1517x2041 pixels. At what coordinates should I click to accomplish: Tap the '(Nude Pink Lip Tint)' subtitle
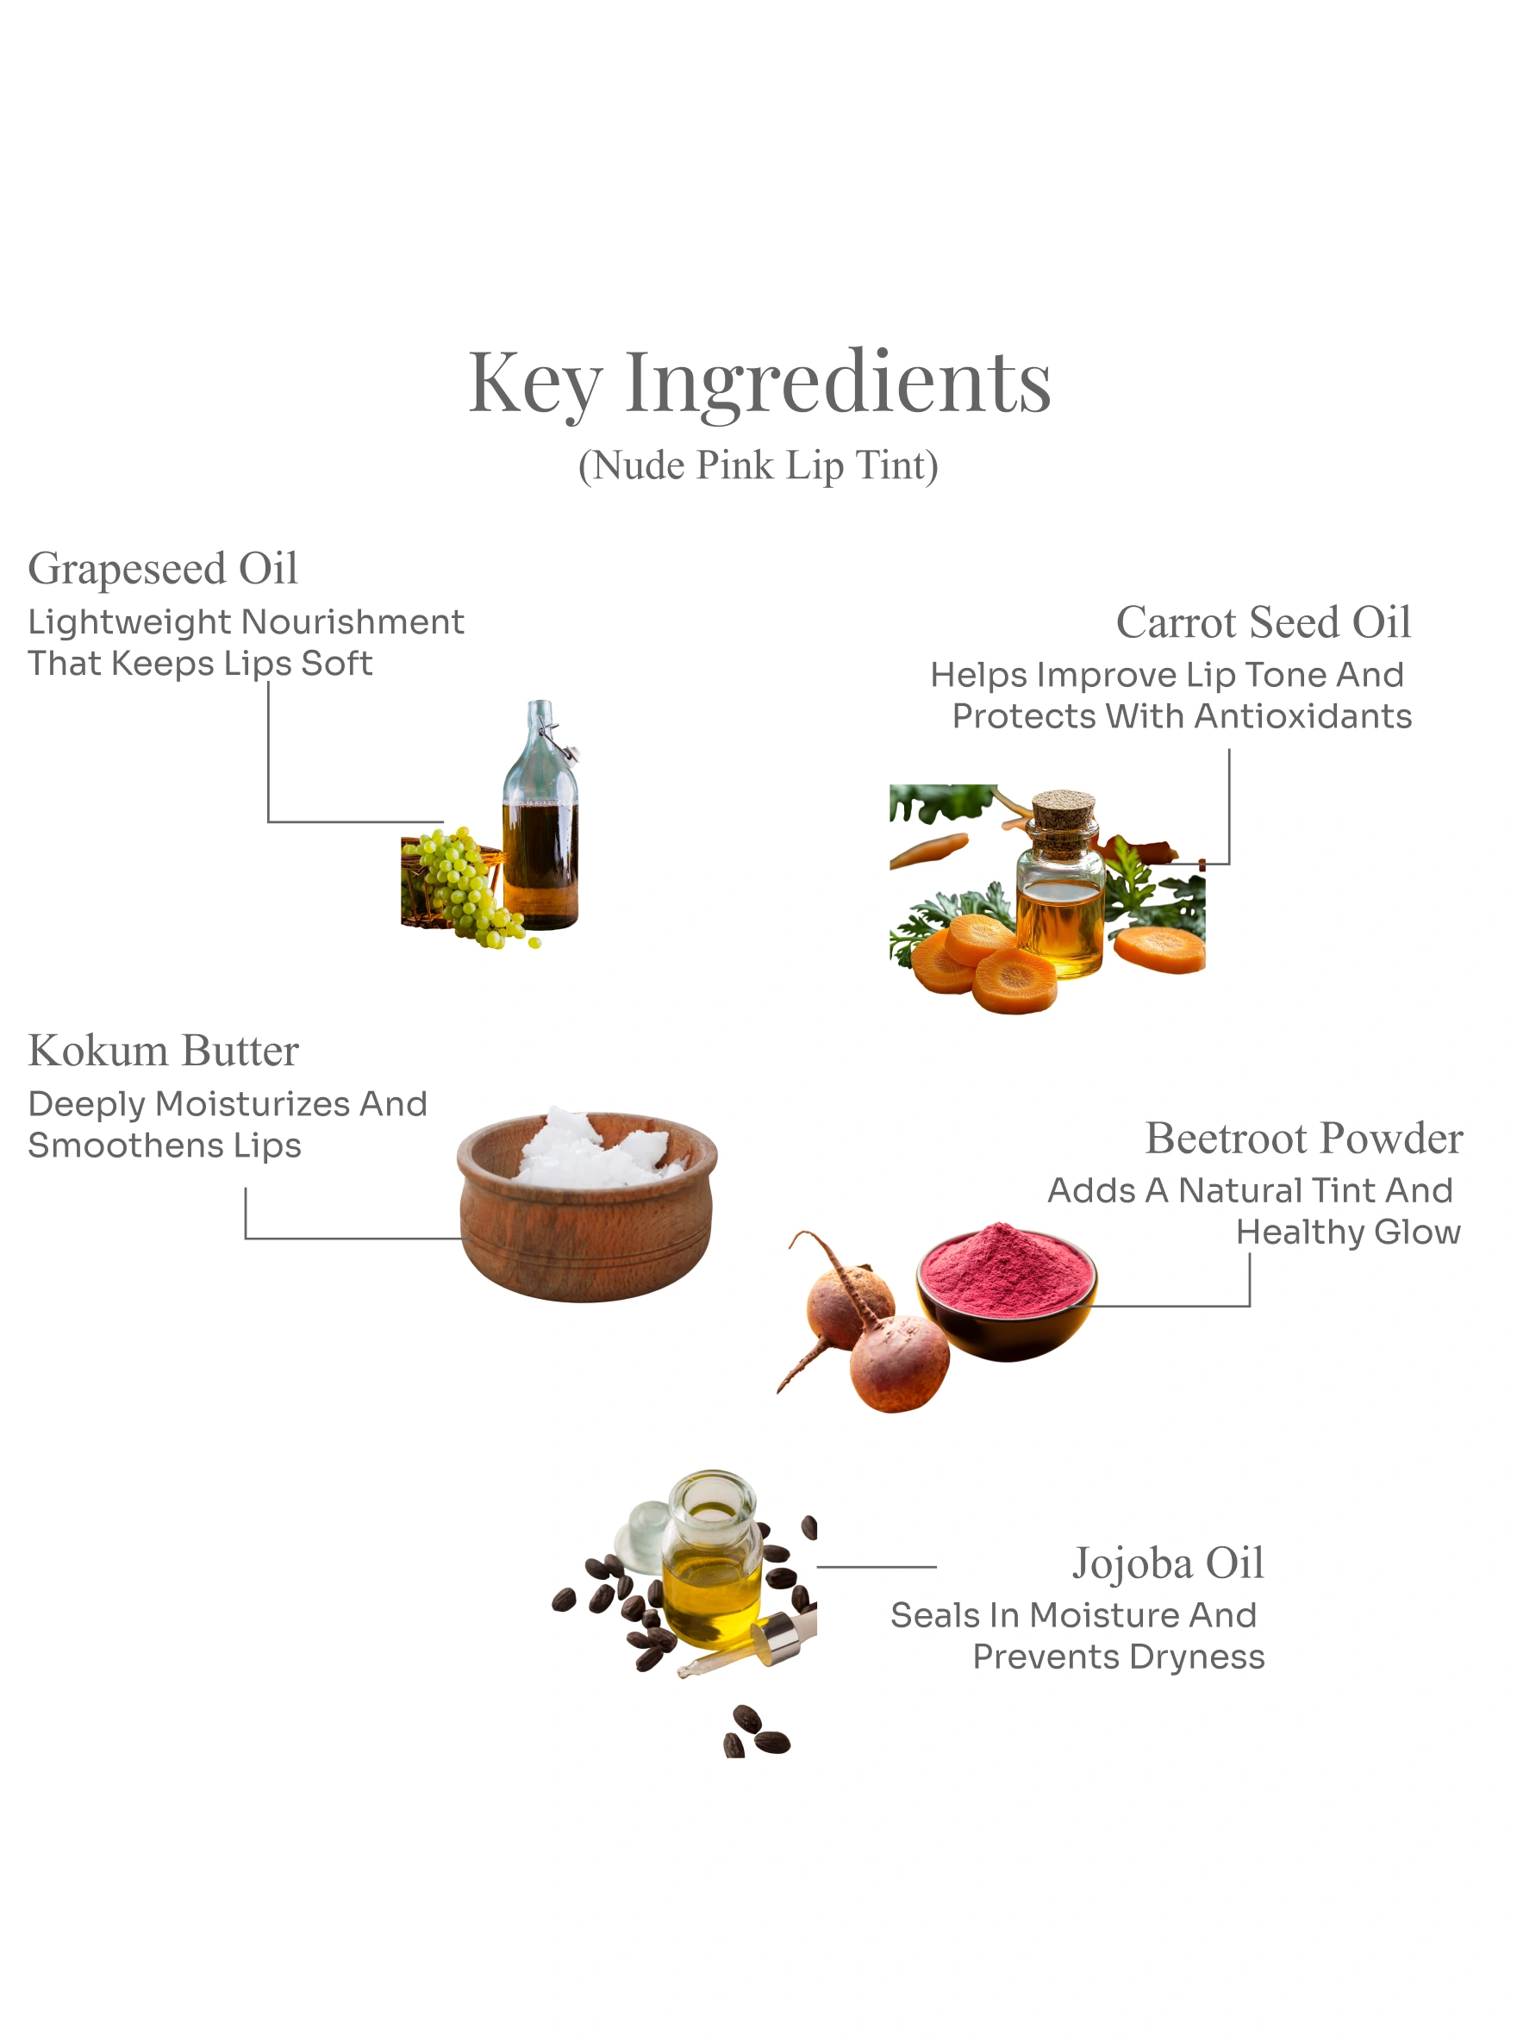pos(758,465)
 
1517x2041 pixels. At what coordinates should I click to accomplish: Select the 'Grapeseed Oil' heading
pos(164,568)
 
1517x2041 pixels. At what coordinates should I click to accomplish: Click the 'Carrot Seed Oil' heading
pos(1264,621)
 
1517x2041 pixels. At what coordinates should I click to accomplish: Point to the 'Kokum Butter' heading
pos(164,1051)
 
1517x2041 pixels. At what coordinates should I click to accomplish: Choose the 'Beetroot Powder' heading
pos(1304,1138)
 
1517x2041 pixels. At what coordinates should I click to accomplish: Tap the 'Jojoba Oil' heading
pos(1168,1564)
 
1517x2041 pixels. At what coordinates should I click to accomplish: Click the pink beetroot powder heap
pos(1008,1269)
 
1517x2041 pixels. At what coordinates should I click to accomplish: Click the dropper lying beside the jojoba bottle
pos(748,1647)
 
